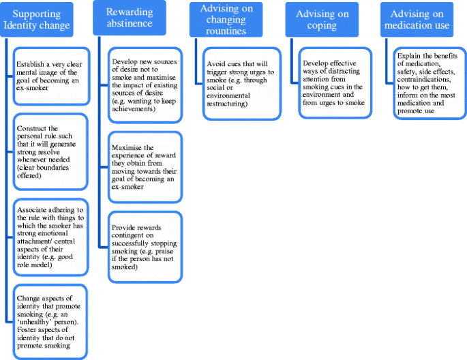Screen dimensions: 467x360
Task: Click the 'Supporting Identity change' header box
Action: tap(37, 20)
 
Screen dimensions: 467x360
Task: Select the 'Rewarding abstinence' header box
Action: tap(130, 18)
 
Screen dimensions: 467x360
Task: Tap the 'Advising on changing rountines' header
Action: tap(226, 20)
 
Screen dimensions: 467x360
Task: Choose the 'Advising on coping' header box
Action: tap(322, 20)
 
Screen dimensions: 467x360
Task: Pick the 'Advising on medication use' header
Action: tap(417, 20)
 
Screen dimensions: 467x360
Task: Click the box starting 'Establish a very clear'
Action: tap(52, 76)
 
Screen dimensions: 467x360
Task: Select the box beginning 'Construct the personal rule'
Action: tap(50, 151)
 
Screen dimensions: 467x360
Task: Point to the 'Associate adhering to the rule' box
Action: tap(51, 237)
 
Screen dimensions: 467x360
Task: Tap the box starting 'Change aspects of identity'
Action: tap(50, 322)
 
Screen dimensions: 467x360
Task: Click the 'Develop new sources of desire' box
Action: tap(145, 85)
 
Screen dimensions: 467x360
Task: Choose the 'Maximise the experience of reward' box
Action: tap(145, 167)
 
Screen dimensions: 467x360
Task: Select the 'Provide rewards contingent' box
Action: tap(145, 247)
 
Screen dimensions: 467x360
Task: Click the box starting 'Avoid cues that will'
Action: tap(242, 84)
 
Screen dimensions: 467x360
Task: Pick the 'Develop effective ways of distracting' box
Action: tap(335, 82)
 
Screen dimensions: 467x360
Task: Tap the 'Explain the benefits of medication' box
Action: tap(430, 83)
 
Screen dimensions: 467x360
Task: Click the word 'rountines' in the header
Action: tap(226, 31)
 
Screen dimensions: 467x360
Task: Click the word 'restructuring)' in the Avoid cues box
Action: tap(227, 104)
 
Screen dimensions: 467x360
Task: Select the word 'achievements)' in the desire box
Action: tap(134, 108)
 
